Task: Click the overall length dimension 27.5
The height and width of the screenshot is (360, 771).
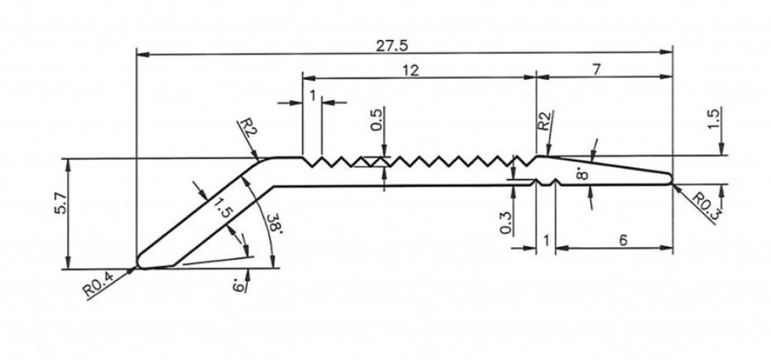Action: pyautogui.click(x=392, y=45)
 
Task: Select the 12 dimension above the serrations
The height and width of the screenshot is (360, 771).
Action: pyautogui.click(x=410, y=70)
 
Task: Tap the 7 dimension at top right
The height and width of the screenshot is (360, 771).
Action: pyautogui.click(x=598, y=69)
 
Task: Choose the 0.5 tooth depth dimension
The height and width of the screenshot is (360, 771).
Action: pyautogui.click(x=377, y=123)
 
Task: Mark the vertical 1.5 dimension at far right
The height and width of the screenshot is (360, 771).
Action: pyautogui.click(x=713, y=118)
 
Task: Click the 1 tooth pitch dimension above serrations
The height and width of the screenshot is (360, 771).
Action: pyautogui.click(x=312, y=96)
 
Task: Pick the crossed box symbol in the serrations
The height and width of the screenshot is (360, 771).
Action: pyautogui.click(x=373, y=163)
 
